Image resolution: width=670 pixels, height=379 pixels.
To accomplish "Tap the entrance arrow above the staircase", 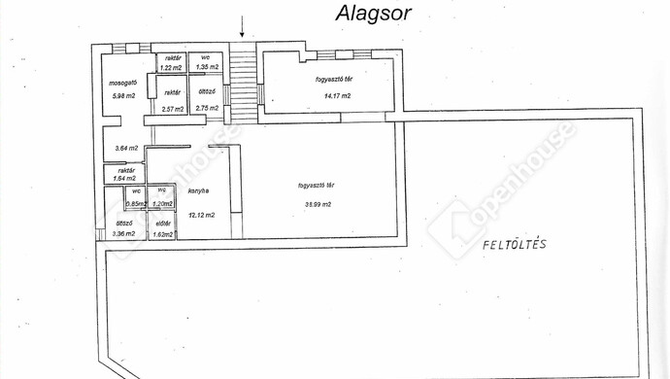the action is coord(244,28).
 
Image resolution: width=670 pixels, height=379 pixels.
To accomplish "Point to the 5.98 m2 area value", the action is coord(124,95).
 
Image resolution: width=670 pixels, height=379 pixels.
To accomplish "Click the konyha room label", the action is coord(199,191).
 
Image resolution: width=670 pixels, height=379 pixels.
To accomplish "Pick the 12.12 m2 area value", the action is coord(201,214).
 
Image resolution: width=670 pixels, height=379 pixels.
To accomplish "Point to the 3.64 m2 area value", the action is coord(126,148).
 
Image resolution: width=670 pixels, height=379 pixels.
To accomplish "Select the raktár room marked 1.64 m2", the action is coord(124,175).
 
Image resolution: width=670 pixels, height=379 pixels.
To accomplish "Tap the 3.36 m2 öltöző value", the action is coord(123,234).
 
